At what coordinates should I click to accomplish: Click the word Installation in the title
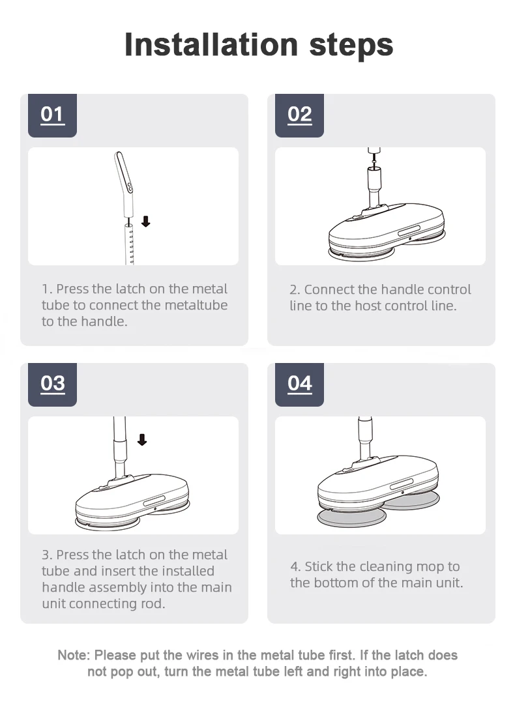pos(211,44)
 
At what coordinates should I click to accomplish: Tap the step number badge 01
pos(52,115)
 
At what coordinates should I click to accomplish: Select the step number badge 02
pos(299,115)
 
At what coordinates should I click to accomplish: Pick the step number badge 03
pos(52,385)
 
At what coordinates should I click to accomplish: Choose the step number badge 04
pos(299,385)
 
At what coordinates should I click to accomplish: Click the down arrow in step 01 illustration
pos(145,222)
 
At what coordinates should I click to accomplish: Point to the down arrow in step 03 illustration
pos(142,440)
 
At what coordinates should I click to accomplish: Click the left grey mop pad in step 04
pos(351,517)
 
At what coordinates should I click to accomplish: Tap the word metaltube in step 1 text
pos(196,305)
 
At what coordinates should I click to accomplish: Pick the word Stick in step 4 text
pos(319,566)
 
